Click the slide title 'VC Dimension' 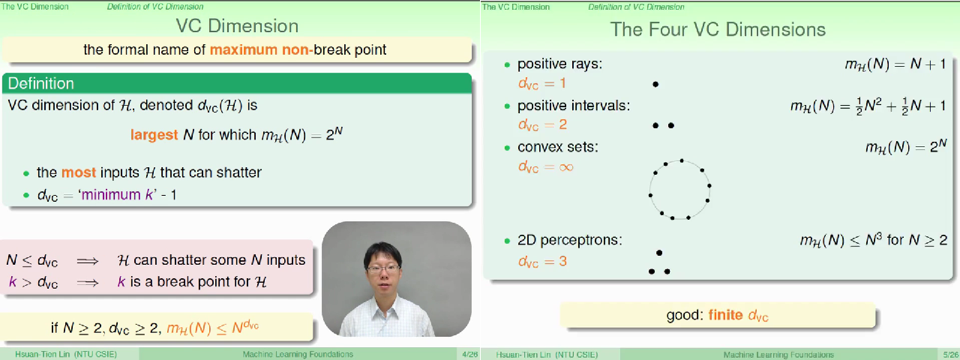point(237,25)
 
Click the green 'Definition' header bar point(237,83)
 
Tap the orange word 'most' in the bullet point(79,172)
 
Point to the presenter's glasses point(383,268)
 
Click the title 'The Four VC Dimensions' point(718,29)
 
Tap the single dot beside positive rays point(655,85)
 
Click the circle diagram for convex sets point(679,189)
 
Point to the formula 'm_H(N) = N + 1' point(895,65)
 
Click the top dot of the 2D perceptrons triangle point(659,253)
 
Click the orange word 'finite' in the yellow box point(726,316)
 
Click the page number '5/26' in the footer point(949,354)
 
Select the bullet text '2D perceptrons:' point(570,241)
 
